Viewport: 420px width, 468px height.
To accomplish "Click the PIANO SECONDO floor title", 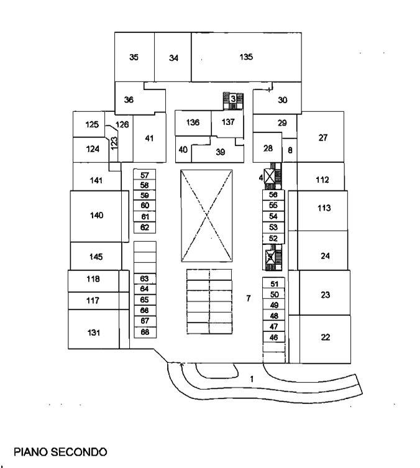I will [x=60, y=450].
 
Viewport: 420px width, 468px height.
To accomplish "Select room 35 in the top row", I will [x=134, y=57].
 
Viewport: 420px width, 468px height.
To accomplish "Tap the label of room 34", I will [x=174, y=58].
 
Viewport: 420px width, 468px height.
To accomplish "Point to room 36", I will [x=129, y=99].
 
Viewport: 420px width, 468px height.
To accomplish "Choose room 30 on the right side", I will [x=283, y=99].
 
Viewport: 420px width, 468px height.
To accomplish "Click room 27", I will [x=323, y=137].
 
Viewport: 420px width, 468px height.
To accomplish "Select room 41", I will [x=149, y=138].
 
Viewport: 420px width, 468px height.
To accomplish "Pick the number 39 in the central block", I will [x=221, y=152].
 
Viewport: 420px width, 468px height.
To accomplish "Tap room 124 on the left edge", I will [x=93, y=149].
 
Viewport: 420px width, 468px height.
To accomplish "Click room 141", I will [x=96, y=180].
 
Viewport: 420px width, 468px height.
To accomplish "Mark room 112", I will [x=322, y=180].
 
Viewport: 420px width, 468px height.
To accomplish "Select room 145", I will [x=96, y=257].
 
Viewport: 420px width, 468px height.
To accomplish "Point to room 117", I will [x=93, y=301].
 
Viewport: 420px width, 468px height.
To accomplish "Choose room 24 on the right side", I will [x=325, y=255].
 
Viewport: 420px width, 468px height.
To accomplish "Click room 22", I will [x=325, y=337].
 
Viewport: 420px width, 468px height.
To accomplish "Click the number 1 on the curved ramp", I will [x=252, y=379].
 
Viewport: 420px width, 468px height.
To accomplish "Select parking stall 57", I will [x=145, y=175].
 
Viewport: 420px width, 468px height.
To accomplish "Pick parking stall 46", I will [x=274, y=337].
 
